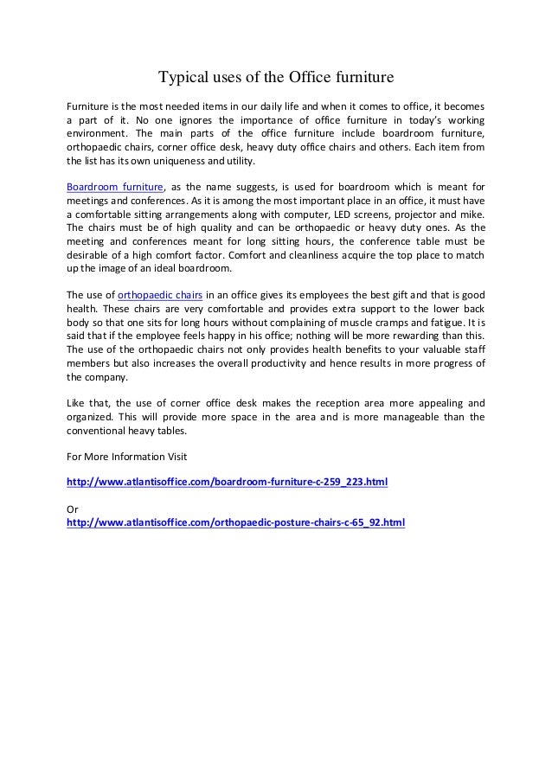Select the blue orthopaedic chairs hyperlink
[x=160, y=294]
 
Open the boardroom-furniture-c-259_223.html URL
[x=227, y=481]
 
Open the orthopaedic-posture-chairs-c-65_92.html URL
[x=235, y=522]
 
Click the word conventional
[x=99, y=430]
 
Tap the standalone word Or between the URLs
[x=73, y=509]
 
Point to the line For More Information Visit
[x=126, y=456]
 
